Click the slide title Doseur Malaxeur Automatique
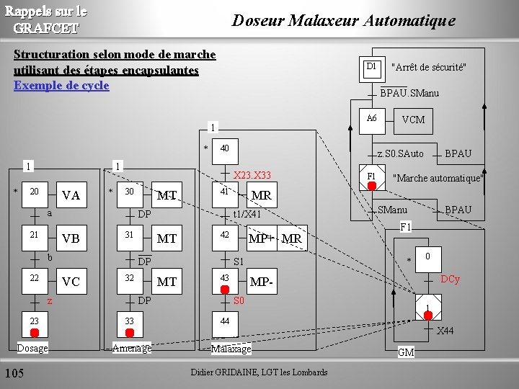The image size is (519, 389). click(343, 20)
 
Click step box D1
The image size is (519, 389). click(371, 67)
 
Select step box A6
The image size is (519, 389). click(371, 118)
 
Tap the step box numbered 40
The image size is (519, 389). click(224, 148)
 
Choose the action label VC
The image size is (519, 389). click(71, 282)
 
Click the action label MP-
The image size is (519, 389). click(263, 282)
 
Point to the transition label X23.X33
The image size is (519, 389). click(252, 175)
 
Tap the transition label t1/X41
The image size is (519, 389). click(247, 214)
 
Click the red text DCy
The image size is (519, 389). click(450, 279)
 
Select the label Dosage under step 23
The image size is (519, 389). click(32, 349)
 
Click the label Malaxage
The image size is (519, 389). click(231, 349)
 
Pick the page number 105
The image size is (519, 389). click(14, 372)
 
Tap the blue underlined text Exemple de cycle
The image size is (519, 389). click(61, 86)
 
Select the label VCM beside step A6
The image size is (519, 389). click(413, 120)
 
